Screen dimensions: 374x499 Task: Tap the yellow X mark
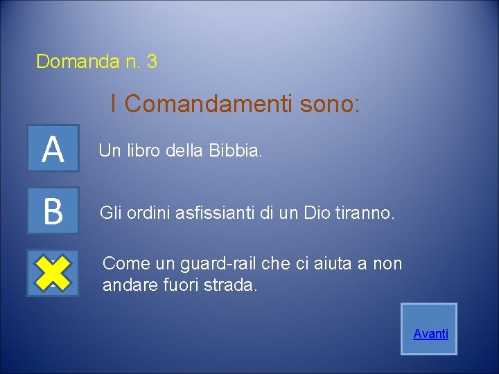point(53,273)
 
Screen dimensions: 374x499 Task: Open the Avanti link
point(430,334)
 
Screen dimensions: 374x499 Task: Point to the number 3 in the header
point(152,62)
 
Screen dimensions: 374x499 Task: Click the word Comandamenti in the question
point(211,105)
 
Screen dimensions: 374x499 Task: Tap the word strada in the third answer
point(233,285)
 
